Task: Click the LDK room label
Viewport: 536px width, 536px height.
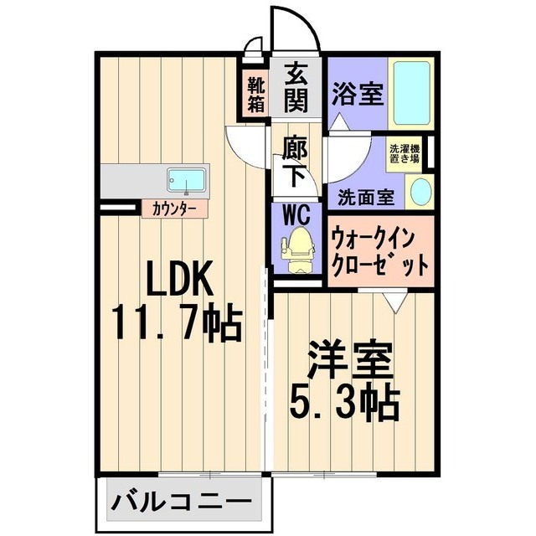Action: coord(180,278)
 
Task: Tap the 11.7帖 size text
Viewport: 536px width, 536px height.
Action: coord(176,322)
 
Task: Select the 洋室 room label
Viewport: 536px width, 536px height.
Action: coord(350,359)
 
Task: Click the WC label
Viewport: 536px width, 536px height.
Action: coord(296,214)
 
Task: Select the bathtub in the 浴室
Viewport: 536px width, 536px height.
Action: coord(411,93)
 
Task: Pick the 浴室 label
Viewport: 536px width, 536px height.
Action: coord(358,93)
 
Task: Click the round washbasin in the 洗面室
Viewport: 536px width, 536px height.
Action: coord(420,192)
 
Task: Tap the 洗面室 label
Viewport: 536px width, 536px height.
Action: coord(366,198)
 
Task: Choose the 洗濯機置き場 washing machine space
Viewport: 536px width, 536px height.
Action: coord(405,154)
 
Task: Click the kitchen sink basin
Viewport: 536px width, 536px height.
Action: coord(186,180)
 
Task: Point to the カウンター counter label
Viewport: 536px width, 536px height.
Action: coord(175,208)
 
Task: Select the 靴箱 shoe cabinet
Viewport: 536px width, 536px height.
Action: coord(256,95)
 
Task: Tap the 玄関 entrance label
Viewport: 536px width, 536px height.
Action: coord(296,89)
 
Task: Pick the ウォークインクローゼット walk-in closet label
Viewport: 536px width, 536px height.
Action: coord(379,253)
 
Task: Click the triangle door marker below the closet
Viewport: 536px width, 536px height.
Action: coord(395,301)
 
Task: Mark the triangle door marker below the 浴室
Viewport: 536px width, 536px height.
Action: coord(339,122)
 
